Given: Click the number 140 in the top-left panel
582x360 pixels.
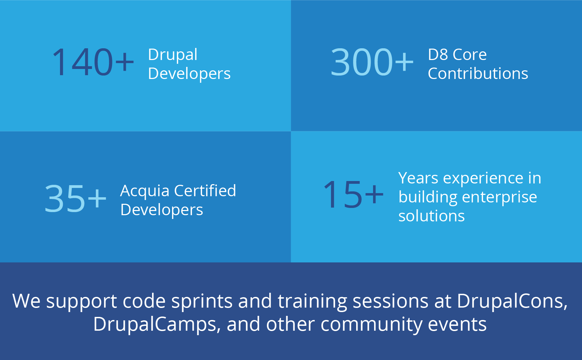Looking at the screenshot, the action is pyautogui.click(x=82, y=62).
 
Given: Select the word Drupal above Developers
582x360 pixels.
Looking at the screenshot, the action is pyautogui.click(x=173, y=56).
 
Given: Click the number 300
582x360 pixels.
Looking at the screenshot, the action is pyautogui.click(x=361, y=62).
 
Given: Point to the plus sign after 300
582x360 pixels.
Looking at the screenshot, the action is pyautogui.click(x=404, y=62).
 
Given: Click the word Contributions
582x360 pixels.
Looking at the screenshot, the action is pyautogui.click(x=478, y=73).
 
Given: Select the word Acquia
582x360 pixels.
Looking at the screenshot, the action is pyautogui.click(x=145, y=192).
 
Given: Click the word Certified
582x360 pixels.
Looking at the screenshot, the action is pyautogui.click(x=205, y=191).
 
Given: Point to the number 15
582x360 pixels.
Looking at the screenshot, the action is pyautogui.click(x=342, y=194).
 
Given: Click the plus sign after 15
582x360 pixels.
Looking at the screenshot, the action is pyautogui.click(x=374, y=194).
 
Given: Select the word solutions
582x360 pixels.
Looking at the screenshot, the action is pyautogui.click(x=432, y=216).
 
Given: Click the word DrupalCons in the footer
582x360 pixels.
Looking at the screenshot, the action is pyautogui.click(x=512, y=301).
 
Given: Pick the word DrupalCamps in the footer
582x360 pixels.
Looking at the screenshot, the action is pyautogui.click(x=157, y=324).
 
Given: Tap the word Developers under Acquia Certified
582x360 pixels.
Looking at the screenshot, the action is pyautogui.click(x=162, y=210).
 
